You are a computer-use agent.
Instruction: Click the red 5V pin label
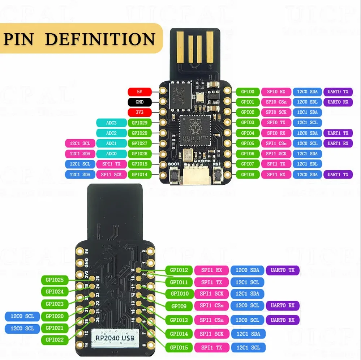click(x=139, y=92)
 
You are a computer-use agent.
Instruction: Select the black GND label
click(x=139, y=102)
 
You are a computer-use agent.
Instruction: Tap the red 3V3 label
click(x=139, y=112)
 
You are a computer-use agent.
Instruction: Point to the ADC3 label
click(x=111, y=123)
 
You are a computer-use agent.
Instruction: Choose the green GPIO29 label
click(x=139, y=123)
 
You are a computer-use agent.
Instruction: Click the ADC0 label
click(x=111, y=154)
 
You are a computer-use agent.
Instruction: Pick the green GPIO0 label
click(x=248, y=92)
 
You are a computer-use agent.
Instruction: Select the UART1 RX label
click(x=338, y=143)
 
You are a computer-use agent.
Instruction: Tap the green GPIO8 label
click(x=248, y=174)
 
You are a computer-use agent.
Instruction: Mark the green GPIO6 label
click(x=248, y=154)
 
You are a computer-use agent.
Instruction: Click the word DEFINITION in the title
click(x=100, y=39)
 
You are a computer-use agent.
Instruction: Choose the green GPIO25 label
click(x=55, y=280)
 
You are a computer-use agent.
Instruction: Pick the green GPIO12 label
click(x=179, y=270)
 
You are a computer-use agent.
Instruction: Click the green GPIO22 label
click(x=55, y=340)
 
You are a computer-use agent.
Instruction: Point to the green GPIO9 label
click(x=179, y=306)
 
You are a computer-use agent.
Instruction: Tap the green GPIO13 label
click(x=179, y=320)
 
